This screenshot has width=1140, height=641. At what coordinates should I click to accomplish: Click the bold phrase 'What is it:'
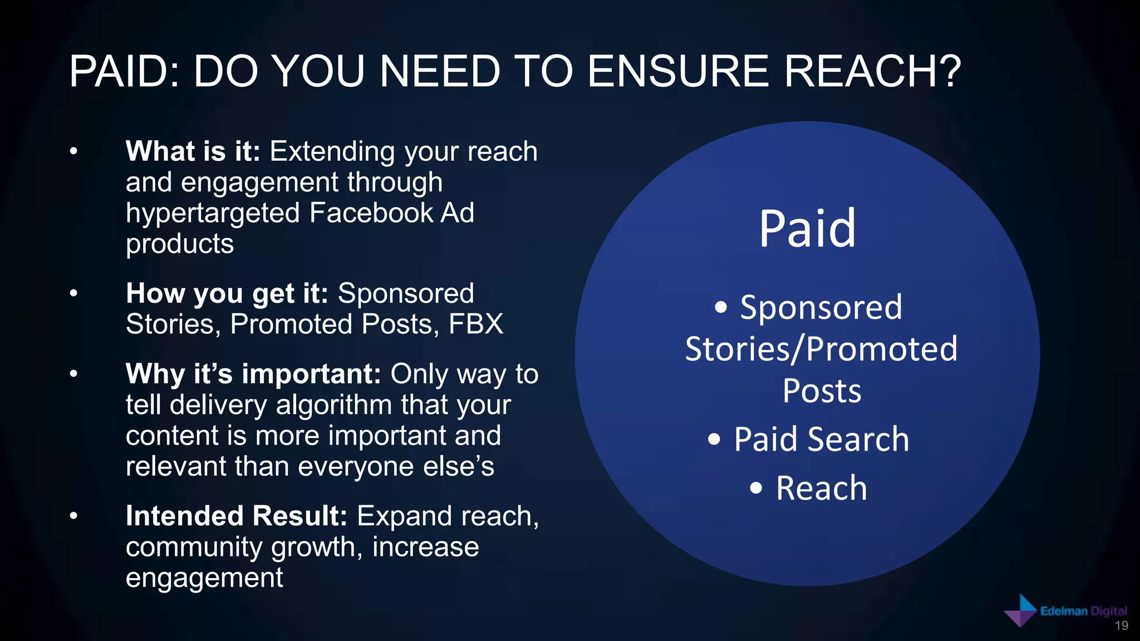193,151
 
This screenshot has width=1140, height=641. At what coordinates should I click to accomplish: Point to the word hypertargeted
213,213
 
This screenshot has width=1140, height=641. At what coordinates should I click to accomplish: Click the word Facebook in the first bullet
371,213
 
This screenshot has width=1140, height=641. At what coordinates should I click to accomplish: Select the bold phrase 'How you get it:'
227,293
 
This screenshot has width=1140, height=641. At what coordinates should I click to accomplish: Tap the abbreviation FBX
476,324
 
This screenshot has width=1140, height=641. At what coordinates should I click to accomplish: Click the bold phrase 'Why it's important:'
253,374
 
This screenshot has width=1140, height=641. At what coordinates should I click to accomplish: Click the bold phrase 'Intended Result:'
236,516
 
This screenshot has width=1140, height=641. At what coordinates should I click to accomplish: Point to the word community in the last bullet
194,547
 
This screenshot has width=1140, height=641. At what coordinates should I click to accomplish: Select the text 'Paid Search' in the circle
821,439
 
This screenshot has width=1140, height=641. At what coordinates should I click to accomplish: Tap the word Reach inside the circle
821,488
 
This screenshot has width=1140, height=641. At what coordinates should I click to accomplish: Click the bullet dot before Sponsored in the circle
721,307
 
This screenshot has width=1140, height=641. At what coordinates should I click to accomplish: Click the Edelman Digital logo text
1083,611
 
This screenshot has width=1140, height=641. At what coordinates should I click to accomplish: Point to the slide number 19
1121,626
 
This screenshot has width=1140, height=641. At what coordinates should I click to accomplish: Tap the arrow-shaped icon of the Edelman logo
1020,611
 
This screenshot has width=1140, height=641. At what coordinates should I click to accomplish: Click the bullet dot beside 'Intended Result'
73,516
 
